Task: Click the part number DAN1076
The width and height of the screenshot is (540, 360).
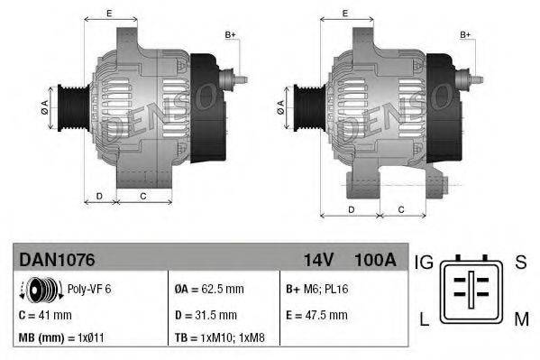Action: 56,260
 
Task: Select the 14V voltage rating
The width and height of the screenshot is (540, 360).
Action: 318,260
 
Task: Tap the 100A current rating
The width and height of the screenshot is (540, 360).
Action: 375,260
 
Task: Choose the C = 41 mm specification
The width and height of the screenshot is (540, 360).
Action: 46,314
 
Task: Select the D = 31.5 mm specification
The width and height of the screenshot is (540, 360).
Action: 206,314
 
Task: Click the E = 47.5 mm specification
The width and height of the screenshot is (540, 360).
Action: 316,314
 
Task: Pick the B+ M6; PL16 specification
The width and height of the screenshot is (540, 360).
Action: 317,290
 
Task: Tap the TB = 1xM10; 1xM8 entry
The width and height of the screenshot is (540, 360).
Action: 218,338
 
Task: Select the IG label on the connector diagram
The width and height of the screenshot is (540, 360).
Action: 424,263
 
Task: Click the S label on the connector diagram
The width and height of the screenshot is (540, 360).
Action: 520,263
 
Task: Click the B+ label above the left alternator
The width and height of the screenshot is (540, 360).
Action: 230,34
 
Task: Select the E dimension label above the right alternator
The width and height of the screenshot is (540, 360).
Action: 346,14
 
